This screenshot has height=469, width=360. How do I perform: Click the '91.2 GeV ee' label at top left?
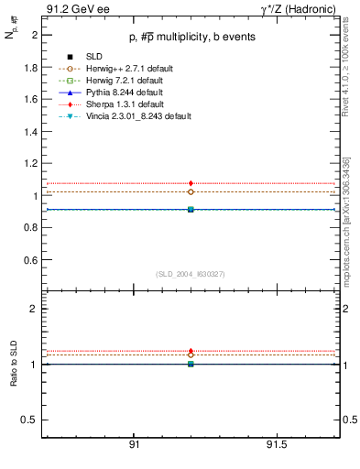(x=74, y=9)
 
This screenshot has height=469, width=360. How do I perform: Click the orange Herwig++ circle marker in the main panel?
(x=191, y=192)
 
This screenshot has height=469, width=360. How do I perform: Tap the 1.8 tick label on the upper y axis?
(x=30, y=68)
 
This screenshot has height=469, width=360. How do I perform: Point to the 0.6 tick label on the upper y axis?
(x=30, y=260)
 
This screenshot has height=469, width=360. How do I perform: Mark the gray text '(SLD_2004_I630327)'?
(x=191, y=274)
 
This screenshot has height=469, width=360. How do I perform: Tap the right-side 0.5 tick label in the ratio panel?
(x=348, y=420)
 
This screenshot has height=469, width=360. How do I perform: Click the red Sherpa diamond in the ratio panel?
(x=191, y=351)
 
